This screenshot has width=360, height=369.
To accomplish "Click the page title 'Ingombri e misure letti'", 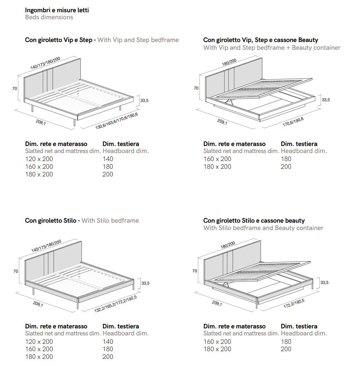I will tap(57, 10).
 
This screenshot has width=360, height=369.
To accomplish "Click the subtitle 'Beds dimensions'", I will tap(49, 17).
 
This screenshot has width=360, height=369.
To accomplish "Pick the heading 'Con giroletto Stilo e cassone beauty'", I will tap(254, 221).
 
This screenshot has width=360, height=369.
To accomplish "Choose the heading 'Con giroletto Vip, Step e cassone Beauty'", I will tap(261, 40).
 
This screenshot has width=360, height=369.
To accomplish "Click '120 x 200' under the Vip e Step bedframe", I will tap(39, 159).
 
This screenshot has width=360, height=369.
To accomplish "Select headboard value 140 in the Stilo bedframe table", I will tap(108, 341).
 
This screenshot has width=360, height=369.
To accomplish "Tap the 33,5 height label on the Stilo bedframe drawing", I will tap(145, 283).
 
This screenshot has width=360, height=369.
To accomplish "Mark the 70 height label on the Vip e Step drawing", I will tap(15, 89).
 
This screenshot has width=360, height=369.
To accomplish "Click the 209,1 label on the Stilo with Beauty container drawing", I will tap(217, 304).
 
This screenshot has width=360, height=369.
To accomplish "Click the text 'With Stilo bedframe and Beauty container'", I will tap(263, 228).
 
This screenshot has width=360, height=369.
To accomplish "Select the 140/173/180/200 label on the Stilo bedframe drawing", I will tap(46, 246).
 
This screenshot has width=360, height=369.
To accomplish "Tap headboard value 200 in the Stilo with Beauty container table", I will tap(286, 349).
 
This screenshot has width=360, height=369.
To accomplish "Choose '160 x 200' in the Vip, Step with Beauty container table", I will tap(217, 159).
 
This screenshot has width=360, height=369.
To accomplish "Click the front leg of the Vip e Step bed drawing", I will tap(75, 123).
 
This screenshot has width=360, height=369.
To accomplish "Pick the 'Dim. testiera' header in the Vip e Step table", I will tap(121, 144).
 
